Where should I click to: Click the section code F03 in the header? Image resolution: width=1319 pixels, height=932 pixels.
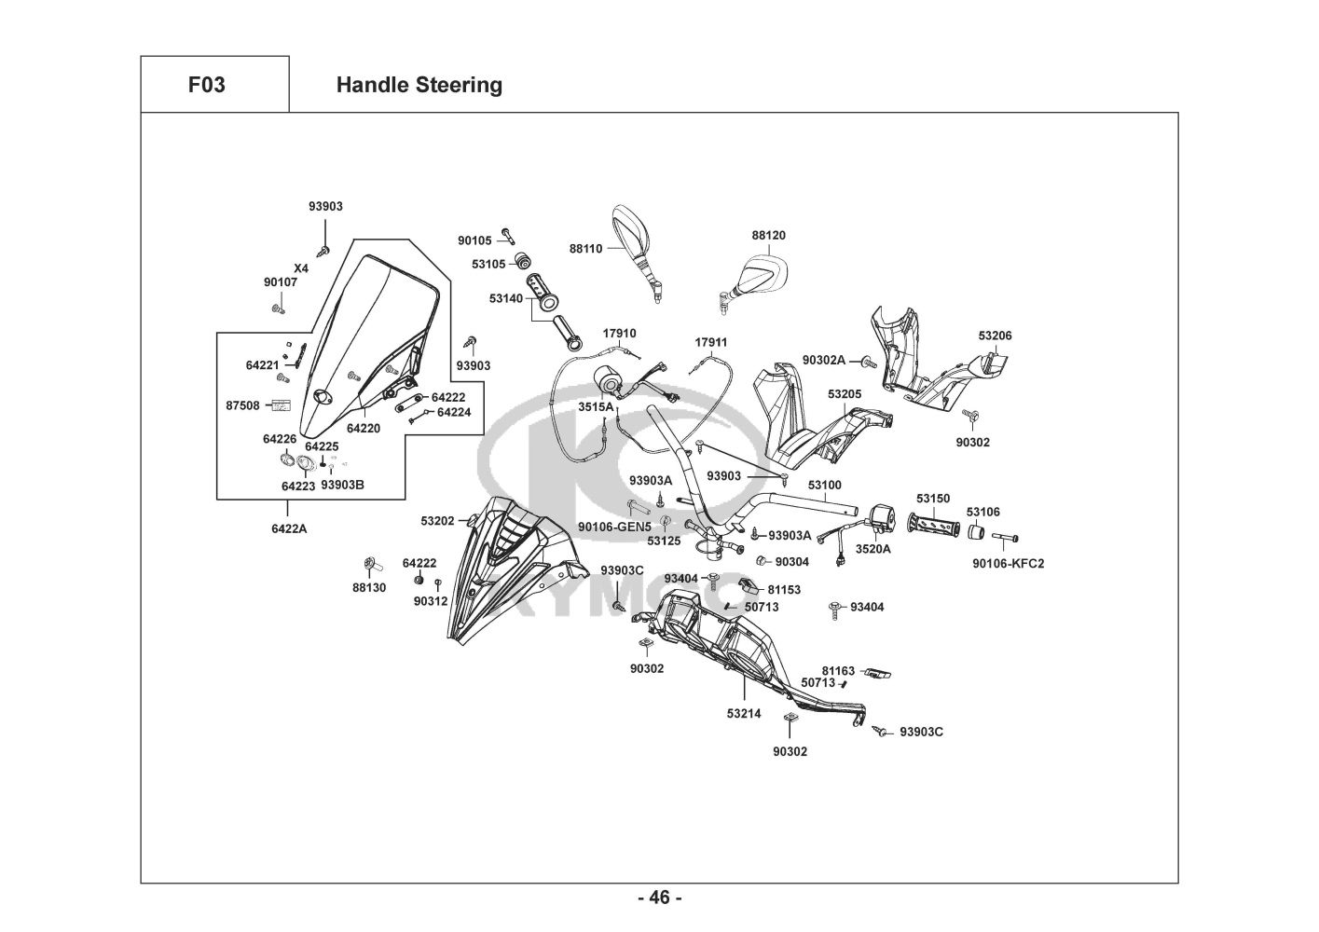pos(206,85)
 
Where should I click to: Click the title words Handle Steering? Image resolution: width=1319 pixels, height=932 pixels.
pos(419,85)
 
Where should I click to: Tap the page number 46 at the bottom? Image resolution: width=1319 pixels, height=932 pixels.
pos(659,898)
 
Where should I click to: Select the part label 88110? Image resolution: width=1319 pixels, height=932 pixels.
pos(585,249)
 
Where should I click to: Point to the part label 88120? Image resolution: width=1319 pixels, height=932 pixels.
pos(768,235)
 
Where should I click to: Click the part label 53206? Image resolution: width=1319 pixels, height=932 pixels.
pos(995,336)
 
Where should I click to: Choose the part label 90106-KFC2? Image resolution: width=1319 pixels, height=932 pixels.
pos(1008,563)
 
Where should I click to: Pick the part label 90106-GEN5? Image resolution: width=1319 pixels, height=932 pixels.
pos(614,527)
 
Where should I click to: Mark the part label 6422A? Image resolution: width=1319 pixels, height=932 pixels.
pos(289,528)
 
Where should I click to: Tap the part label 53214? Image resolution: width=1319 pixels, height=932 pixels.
pos(744,714)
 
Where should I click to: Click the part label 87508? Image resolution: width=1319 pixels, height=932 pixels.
pos(242,405)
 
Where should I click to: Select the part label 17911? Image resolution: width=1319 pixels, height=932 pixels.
pos(711,342)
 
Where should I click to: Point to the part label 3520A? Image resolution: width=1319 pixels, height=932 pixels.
pos(873,549)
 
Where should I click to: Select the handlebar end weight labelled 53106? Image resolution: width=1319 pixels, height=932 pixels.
pos(975,532)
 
